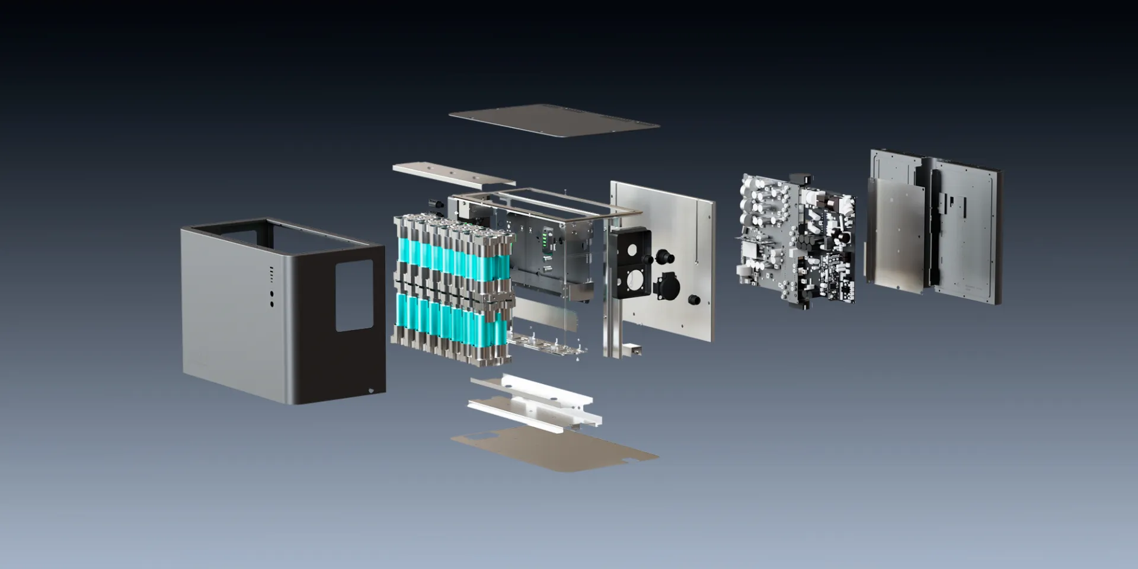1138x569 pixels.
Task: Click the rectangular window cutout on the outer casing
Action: [x=354, y=295]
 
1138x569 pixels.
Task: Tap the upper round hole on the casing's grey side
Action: [x=272, y=294]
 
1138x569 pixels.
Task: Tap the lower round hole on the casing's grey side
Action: [x=272, y=304]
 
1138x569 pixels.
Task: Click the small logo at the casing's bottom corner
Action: [x=372, y=390]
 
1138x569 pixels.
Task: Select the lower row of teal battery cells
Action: [x=450, y=320]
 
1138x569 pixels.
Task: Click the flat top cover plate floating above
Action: [x=554, y=121]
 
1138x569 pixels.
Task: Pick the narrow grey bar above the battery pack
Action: [x=453, y=175]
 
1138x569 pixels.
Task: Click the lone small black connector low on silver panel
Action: [x=694, y=300]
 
